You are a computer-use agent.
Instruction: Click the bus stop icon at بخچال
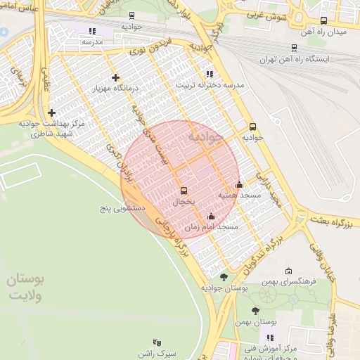coord(184,190)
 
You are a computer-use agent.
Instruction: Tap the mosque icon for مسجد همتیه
coord(239,184)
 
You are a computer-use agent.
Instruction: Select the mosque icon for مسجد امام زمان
coord(211,217)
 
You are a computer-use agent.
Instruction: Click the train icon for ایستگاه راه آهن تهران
coord(294,48)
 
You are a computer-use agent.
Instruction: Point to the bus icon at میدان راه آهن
coord(323,21)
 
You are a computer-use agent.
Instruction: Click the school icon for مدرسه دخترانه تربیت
coord(209,74)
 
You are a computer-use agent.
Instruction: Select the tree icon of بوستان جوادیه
coord(224,277)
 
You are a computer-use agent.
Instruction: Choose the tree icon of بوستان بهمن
coord(255,310)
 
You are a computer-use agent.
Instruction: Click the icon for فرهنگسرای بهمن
coord(288,271)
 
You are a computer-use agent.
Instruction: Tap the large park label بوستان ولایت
coord(27,286)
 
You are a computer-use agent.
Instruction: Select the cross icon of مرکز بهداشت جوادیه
coord(51,112)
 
